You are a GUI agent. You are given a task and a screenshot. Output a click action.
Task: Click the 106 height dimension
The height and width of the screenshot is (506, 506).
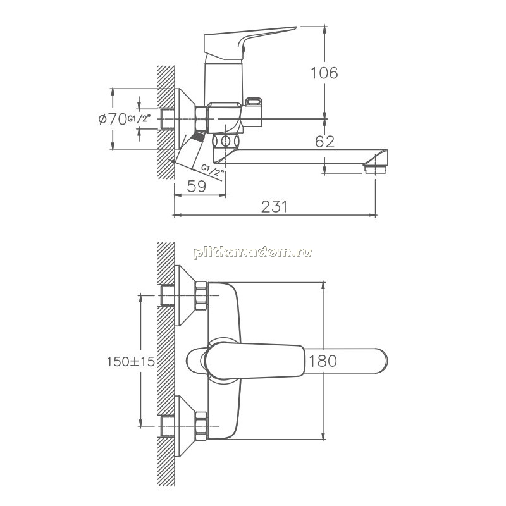tap(324, 73)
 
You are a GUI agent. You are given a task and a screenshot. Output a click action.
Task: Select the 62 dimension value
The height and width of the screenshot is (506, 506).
tap(324, 142)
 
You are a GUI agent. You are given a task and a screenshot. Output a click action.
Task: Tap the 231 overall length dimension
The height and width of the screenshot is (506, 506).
tap(274, 207)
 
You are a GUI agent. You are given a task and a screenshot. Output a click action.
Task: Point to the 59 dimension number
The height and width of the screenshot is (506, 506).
tap(197, 186)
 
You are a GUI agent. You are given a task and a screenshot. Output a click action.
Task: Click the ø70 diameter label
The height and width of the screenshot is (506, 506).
tap(113, 119)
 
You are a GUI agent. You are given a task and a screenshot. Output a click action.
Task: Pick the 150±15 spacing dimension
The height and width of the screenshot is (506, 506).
tap(131, 361)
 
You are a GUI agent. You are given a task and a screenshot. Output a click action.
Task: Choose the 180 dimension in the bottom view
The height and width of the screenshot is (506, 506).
tap(323, 361)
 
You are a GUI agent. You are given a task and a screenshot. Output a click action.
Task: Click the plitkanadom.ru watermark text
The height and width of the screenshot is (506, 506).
tap(252, 252)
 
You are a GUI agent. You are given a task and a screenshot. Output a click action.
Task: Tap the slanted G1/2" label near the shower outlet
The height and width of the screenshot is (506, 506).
tap(213, 170)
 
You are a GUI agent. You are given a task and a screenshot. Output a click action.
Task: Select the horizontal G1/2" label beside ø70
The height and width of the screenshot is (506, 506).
tap(139, 119)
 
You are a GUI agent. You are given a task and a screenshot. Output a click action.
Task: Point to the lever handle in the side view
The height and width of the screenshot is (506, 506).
tap(250, 42)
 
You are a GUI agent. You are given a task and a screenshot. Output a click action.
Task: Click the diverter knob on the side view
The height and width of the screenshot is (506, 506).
tap(254, 102)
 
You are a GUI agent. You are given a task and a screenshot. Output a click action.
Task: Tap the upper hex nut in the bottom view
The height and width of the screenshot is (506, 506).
tap(201, 296)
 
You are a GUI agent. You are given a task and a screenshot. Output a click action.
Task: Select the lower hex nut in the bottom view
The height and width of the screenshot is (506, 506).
tap(201, 426)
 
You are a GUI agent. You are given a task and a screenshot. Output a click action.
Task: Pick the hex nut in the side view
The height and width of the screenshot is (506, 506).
tap(201, 119)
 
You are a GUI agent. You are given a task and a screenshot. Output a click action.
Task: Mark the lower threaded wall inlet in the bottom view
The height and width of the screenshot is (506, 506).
tap(167, 426)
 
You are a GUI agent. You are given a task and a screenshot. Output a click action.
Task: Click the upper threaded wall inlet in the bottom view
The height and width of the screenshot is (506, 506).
tap(167, 295)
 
